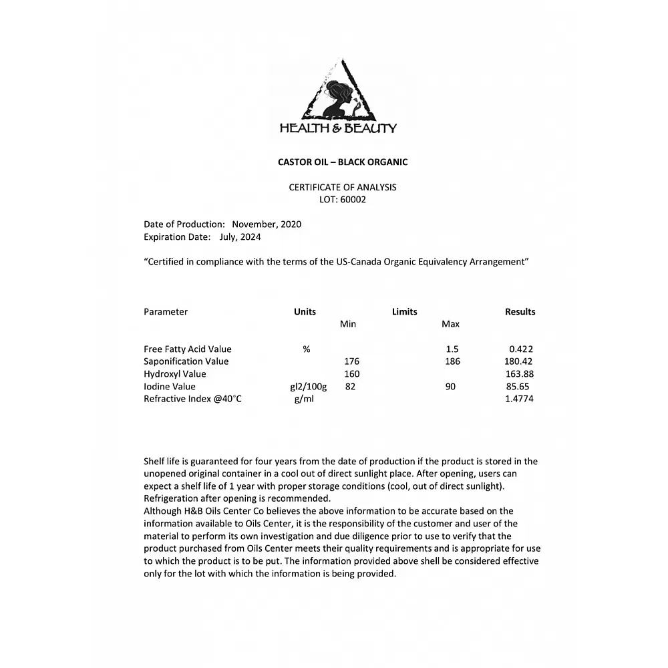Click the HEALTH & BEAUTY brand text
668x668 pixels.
(338, 128)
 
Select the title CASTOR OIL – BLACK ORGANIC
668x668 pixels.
(343, 162)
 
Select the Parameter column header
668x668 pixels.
(166, 312)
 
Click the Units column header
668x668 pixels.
(305, 312)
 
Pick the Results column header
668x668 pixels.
(520, 312)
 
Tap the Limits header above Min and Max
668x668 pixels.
(404, 312)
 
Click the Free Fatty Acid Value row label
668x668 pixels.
(188, 349)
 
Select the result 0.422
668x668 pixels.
(521, 349)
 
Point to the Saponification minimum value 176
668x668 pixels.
(351, 361)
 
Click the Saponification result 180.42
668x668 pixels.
(518, 361)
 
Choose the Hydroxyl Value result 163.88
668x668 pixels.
(520, 374)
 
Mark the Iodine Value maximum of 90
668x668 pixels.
(450, 387)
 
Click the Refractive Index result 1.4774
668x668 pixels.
(520, 399)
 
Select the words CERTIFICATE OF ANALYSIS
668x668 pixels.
(343, 187)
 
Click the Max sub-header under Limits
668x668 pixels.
(450, 325)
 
